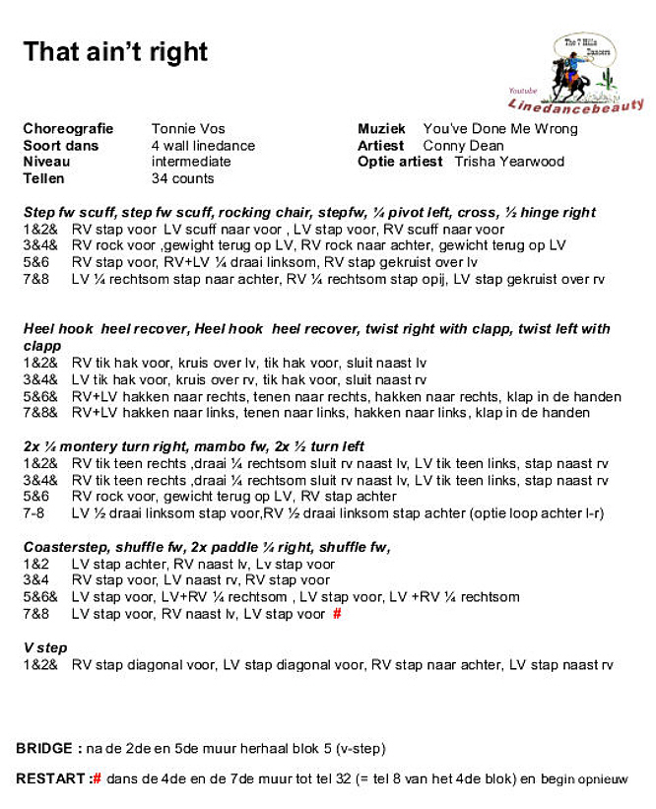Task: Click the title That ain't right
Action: click(115, 51)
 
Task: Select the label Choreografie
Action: click(68, 129)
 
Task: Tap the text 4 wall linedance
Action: click(203, 146)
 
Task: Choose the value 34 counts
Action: click(182, 178)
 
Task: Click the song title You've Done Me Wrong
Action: click(500, 129)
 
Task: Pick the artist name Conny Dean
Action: click(463, 146)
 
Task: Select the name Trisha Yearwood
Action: click(509, 162)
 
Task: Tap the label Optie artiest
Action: click(400, 162)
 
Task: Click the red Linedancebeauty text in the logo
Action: click(576, 104)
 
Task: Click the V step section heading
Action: click(45, 648)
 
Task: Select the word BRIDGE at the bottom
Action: click(43, 749)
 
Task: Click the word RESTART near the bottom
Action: click(50, 779)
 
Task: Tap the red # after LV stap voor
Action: click(337, 614)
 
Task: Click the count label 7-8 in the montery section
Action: click(34, 513)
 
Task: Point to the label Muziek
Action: click(382, 129)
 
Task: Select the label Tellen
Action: click(43, 178)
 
